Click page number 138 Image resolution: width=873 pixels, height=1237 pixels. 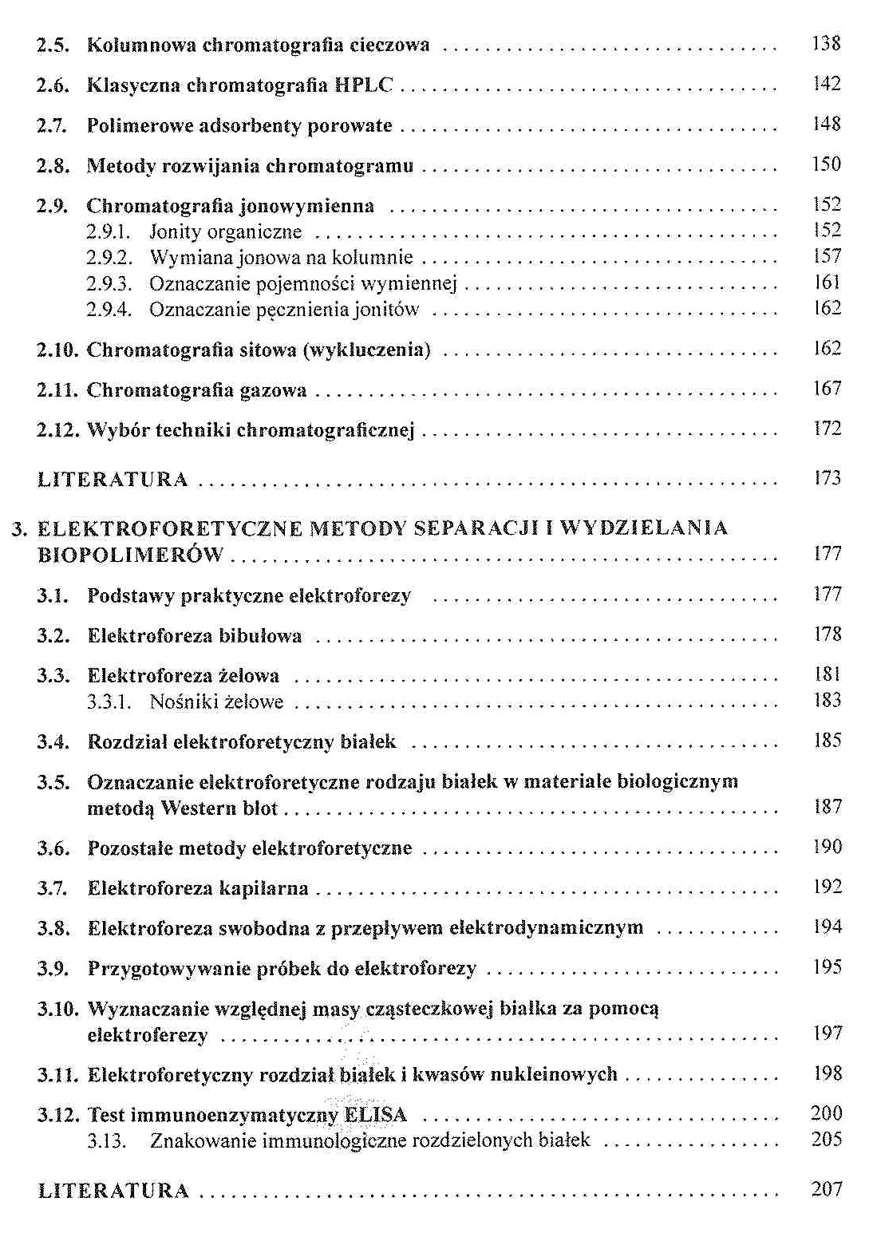pos(826,44)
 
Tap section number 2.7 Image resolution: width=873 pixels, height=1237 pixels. pos(52,125)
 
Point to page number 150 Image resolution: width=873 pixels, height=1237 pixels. pos(826,164)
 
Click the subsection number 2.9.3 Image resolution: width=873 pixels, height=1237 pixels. pos(108,283)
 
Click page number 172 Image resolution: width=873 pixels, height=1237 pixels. pos(827,429)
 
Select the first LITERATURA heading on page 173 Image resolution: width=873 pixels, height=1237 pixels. pos(113,480)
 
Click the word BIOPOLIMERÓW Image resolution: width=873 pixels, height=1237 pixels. pos(131,555)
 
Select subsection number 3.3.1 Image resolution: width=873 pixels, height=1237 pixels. pos(108,702)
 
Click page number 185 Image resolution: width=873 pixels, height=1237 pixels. pos(827,741)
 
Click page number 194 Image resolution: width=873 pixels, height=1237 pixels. pos(827,927)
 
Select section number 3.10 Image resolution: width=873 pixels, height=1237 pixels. pos(57,1010)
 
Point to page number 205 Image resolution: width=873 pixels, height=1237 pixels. pos(826,1140)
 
